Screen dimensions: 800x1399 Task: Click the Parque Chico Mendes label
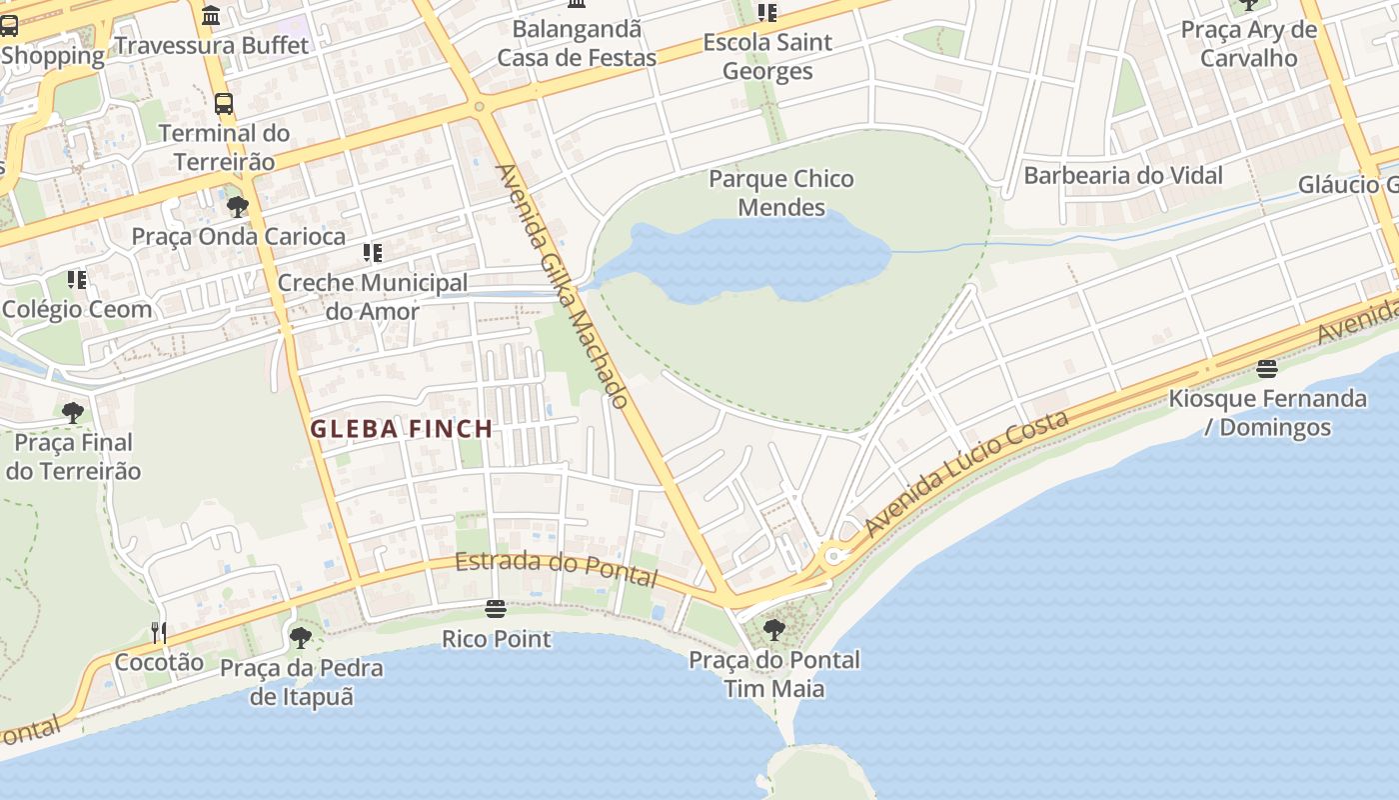780,193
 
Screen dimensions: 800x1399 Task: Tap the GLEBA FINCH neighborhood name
401,429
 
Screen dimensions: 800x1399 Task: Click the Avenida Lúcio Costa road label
966,473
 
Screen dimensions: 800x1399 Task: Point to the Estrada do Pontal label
557,569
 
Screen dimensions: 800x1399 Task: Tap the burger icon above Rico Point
495,608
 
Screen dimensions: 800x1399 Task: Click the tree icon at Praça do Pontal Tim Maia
773,630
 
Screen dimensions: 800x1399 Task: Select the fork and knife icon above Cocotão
158,632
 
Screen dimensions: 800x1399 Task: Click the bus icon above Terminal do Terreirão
224,104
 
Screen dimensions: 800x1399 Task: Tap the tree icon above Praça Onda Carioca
238,207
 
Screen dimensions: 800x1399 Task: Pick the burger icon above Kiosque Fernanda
1267,369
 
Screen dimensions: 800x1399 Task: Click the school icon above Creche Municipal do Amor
372,253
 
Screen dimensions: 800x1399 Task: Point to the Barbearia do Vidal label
1122,176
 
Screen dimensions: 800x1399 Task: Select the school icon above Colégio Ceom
76,279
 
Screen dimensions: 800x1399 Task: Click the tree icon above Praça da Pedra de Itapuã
301,638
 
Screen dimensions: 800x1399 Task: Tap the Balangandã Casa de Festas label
577,43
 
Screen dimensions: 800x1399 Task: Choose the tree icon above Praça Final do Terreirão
72,412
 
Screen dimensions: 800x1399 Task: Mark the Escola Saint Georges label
766,57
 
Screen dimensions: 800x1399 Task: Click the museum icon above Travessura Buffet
211,16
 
